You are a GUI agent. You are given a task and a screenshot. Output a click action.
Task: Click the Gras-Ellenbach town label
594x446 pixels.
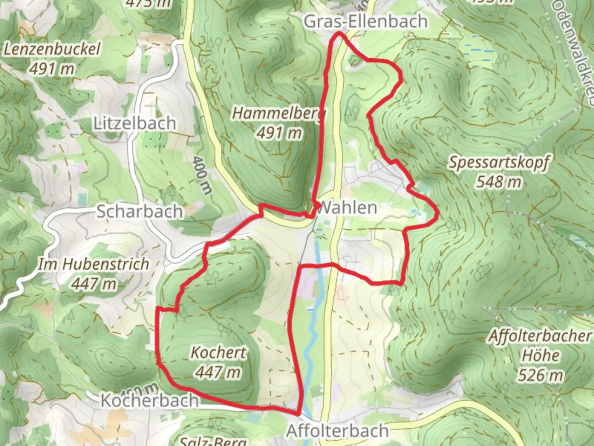(x=365, y=21)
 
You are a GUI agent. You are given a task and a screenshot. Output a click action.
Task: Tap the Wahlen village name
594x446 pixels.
(x=347, y=208)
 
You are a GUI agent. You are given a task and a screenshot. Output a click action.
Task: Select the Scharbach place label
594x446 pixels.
(x=139, y=211)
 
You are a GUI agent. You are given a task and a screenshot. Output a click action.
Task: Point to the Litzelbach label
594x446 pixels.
(x=135, y=123)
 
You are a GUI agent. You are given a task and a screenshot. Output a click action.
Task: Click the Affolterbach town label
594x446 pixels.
(x=337, y=431)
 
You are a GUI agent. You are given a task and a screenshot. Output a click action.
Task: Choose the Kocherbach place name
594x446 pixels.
(x=149, y=400)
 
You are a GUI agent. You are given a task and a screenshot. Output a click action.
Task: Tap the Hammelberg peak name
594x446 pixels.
(x=279, y=113)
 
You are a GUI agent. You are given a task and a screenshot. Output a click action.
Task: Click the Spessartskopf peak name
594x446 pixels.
(x=499, y=162)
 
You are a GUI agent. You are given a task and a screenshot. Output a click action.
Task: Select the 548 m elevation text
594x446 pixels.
(x=499, y=182)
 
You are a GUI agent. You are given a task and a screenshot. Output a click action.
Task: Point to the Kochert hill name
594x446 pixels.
(x=218, y=353)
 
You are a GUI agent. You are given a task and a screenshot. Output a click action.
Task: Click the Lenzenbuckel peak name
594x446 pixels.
(x=52, y=50)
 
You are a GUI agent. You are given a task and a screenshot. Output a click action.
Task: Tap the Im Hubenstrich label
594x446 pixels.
(x=94, y=264)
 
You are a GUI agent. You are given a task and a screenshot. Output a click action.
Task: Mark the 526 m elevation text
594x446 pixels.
(x=540, y=375)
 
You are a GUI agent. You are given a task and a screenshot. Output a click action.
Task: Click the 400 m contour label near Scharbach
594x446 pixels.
(x=202, y=175)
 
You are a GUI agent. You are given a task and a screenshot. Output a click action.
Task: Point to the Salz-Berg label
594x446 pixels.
(x=213, y=441)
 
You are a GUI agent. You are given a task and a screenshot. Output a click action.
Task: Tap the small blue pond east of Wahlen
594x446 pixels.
(x=414, y=212)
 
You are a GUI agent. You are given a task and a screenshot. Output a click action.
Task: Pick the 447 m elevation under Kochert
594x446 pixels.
(x=218, y=372)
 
